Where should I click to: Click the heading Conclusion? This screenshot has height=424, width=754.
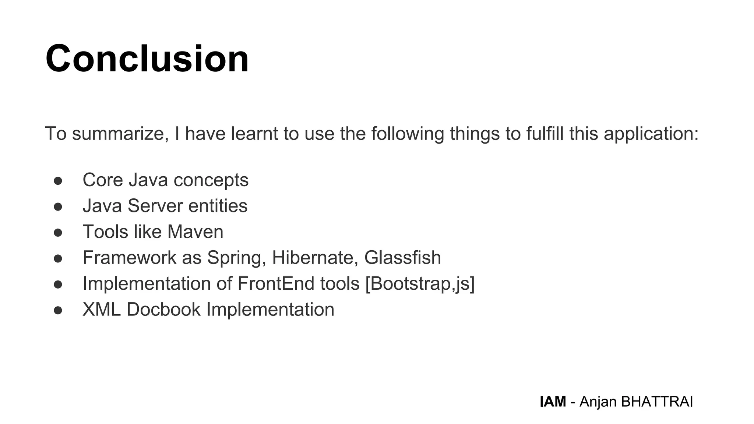coord(147,59)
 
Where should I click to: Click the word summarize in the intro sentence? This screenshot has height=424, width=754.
coord(120,134)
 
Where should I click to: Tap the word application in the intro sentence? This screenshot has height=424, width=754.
coord(651,134)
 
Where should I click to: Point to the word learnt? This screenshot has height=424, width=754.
coord(254,134)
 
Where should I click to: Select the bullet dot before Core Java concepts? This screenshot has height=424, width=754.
coord(58,181)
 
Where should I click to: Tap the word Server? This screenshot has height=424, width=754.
coord(155,206)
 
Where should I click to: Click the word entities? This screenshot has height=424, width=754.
coord(218,206)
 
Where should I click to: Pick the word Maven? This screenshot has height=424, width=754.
coord(195,232)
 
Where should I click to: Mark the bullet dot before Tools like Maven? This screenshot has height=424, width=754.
coord(58,233)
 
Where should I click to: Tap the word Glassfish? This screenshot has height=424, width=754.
coord(402,258)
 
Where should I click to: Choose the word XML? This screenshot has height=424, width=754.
coord(101,310)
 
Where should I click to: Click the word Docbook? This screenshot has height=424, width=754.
coord(163,310)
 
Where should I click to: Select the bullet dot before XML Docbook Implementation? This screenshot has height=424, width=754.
coord(58,310)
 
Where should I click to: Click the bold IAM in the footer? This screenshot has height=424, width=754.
coord(553,402)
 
